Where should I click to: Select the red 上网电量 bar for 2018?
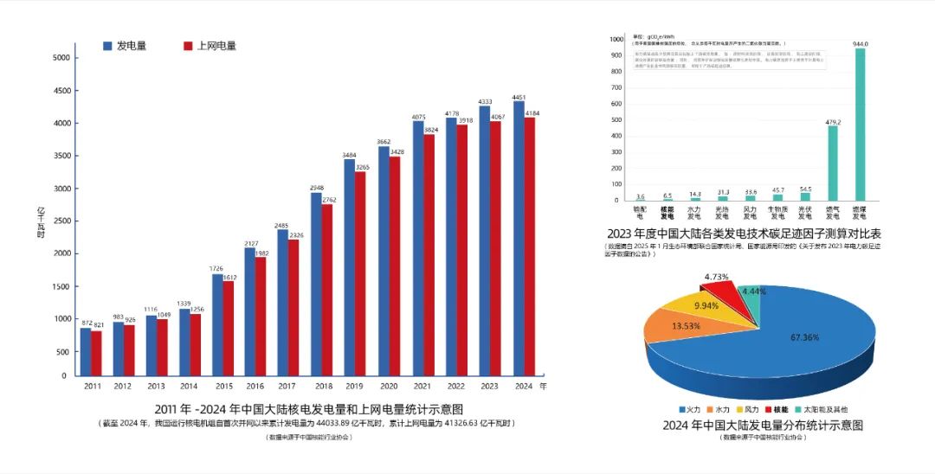coord(328,290)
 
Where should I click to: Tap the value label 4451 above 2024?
coord(519,97)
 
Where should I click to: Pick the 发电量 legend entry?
coord(125,46)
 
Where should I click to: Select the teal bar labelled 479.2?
coord(833,163)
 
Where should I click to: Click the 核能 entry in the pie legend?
coord(777,408)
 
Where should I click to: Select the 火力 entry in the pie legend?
coord(688,408)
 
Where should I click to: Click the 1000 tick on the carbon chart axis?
coord(616,40)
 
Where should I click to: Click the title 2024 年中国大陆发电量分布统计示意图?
coord(763,425)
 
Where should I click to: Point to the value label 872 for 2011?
coord(86,323)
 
